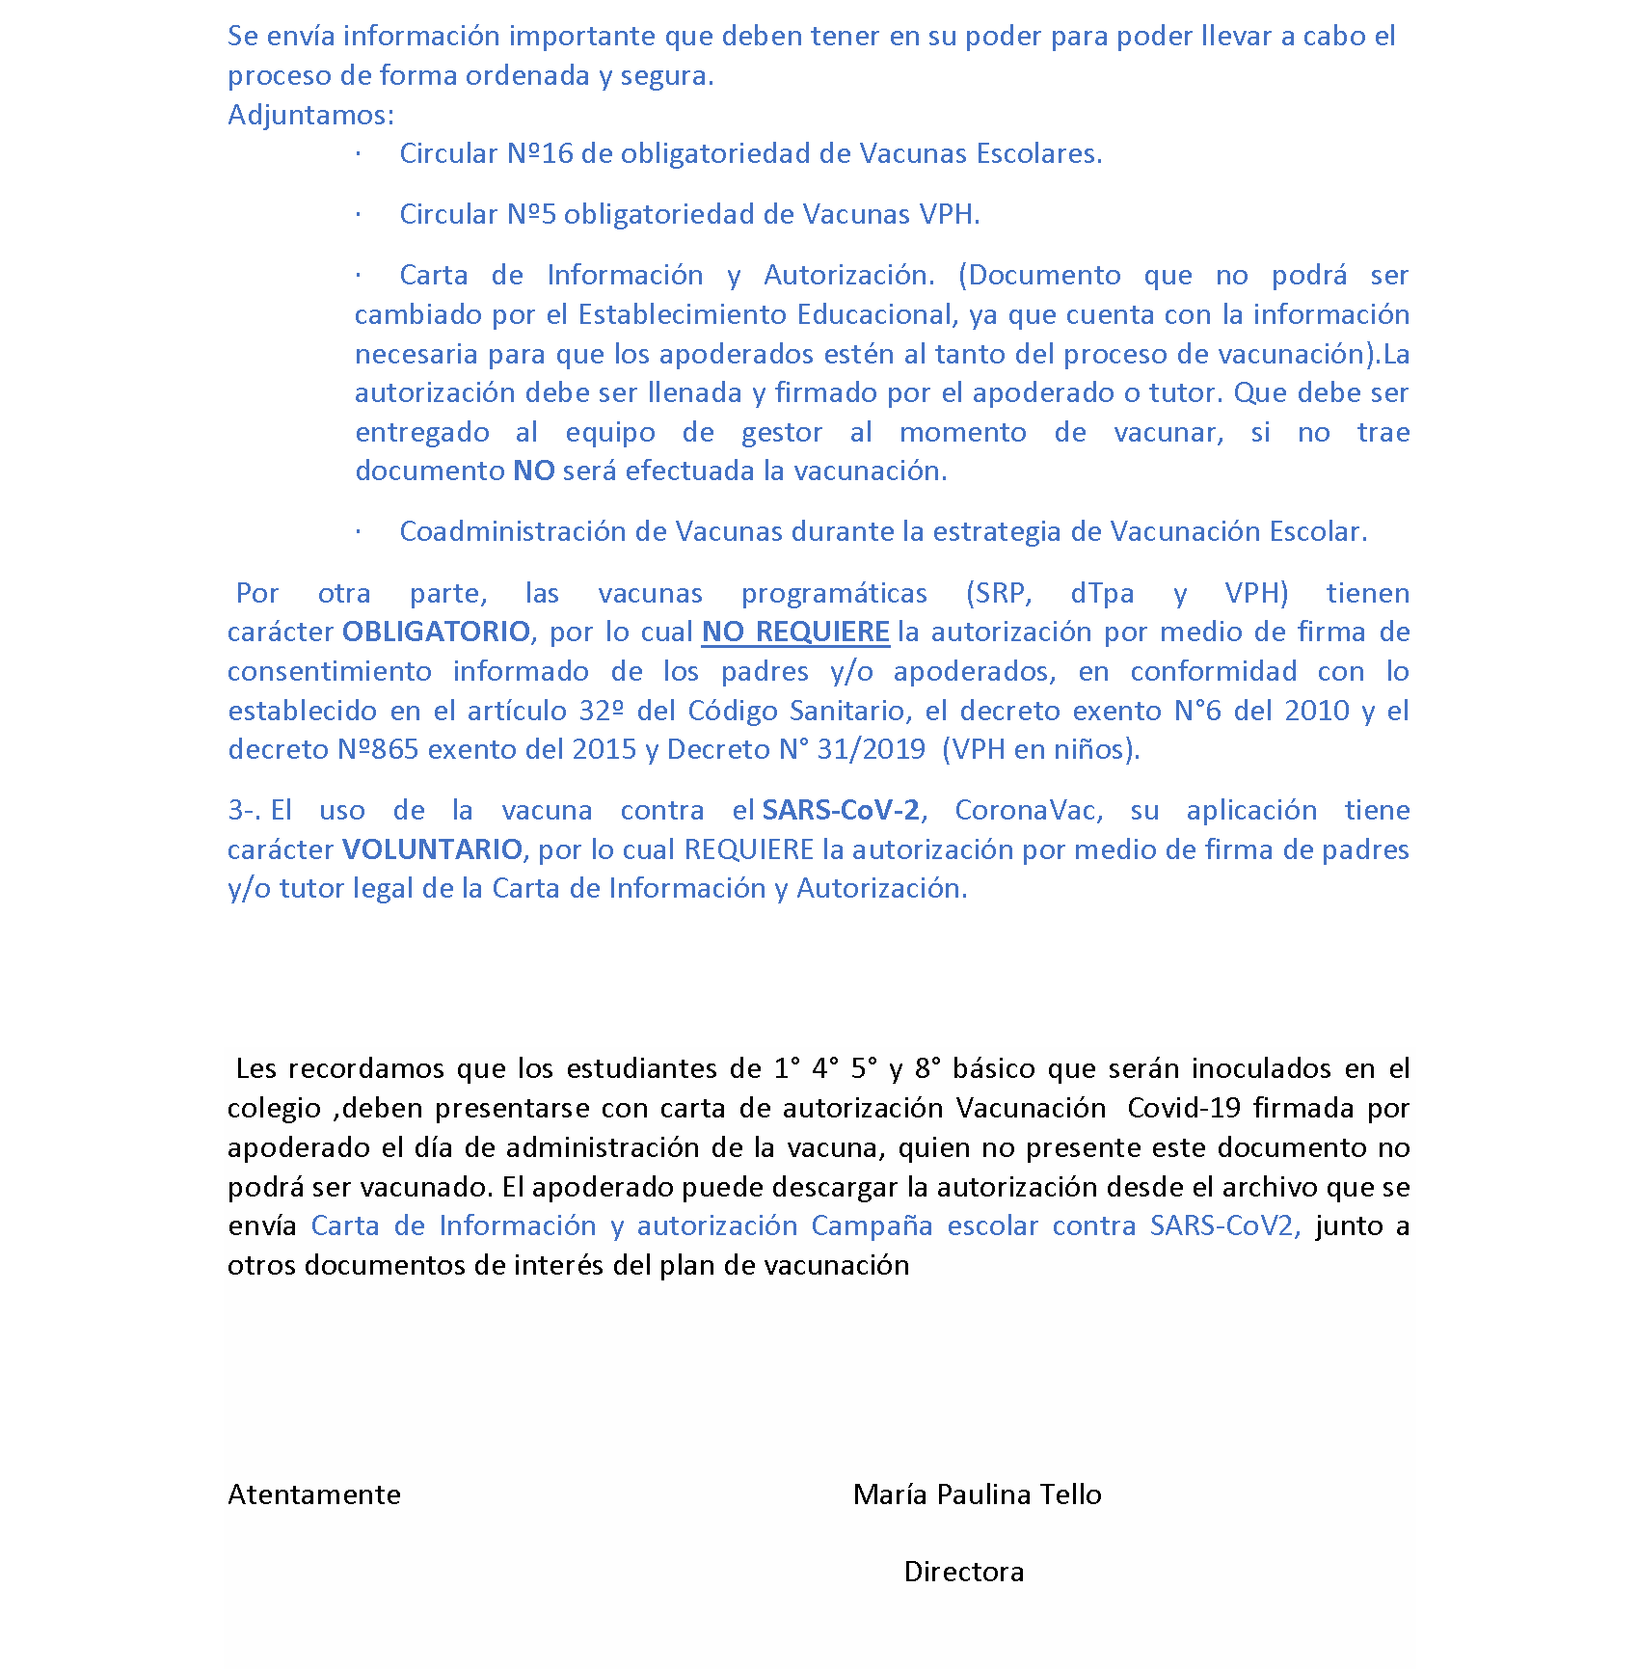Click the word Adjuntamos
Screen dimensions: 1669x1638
tap(310, 115)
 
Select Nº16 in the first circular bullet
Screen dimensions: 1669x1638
tap(540, 154)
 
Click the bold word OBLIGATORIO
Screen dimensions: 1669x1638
tap(436, 632)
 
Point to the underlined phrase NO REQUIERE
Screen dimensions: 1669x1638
tap(795, 632)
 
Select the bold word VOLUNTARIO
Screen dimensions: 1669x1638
tap(432, 849)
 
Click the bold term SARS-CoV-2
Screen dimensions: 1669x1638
tap(841, 810)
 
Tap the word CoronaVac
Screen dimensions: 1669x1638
tap(1028, 810)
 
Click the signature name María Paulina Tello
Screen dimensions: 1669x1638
tap(977, 1494)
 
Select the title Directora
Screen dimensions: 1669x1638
tap(964, 1572)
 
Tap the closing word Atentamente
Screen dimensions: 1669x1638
tap(314, 1494)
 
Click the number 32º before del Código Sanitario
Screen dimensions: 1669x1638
tap(602, 711)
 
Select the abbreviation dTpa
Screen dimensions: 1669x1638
tap(1102, 593)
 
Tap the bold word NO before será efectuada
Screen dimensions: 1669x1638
tap(533, 471)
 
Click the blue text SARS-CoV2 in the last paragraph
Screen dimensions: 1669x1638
tap(1222, 1225)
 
